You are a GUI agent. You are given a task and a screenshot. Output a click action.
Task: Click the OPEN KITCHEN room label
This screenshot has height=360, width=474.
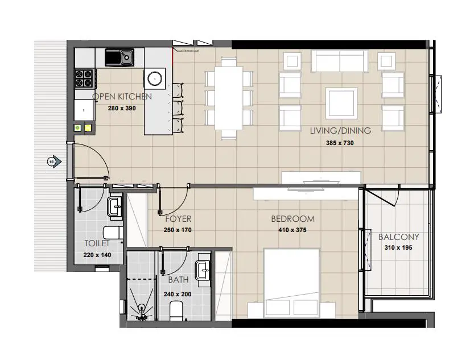(122, 97)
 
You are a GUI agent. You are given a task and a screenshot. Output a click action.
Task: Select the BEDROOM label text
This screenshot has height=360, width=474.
(292, 219)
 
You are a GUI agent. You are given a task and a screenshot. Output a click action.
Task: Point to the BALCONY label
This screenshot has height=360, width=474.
(398, 237)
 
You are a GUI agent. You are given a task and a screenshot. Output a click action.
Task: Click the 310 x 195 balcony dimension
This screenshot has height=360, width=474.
(398, 248)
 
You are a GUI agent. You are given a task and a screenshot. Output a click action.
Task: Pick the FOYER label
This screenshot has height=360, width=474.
(178, 219)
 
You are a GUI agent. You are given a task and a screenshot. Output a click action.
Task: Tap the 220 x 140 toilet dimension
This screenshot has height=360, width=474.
(97, 255)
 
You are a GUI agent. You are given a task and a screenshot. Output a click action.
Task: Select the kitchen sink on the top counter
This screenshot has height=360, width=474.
(120, 57)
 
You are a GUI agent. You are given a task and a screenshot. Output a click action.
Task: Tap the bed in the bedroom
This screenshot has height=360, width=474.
(291, 282)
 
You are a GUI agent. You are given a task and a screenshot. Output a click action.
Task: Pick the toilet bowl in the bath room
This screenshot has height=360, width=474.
(178, 310)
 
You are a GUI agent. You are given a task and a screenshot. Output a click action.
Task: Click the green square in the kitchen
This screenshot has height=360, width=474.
(77, 128)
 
